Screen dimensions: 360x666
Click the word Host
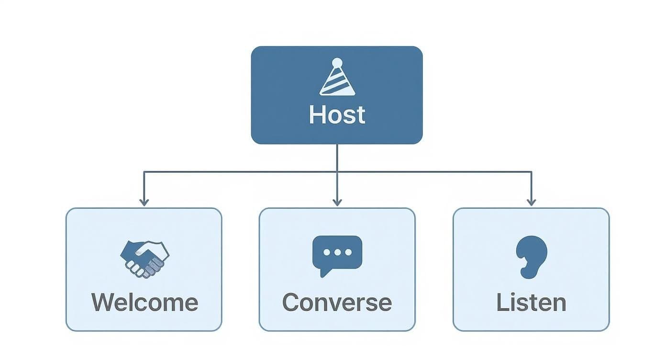[337, 115]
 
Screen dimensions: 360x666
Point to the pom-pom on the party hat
[337, 62]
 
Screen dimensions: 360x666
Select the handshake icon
[144, 259]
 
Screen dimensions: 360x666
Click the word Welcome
[144, 303]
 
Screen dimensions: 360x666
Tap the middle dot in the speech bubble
[337, 252]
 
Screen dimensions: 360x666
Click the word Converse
[337, 303]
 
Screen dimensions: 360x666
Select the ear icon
[531, 257]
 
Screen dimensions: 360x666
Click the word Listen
[531, 303]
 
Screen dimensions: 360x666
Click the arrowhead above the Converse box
[337, 202]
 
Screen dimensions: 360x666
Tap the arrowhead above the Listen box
[531, 202]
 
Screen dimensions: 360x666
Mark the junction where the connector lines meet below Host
[337, 171]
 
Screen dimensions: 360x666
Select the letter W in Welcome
[103, 303]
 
